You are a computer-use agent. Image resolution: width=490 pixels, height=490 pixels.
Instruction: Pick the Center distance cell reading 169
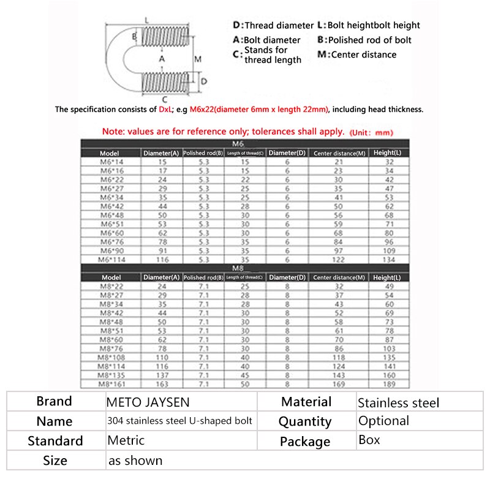339,384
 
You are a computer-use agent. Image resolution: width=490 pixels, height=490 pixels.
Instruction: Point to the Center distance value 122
339,259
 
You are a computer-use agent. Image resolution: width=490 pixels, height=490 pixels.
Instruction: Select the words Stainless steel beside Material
399,402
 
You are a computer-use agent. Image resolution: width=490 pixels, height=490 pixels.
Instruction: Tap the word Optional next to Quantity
383,421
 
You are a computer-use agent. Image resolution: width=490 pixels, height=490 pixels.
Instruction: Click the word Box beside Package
369,440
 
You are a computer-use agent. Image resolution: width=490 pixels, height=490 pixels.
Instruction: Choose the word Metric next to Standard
126,440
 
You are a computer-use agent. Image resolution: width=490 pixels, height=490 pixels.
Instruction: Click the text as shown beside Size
135,460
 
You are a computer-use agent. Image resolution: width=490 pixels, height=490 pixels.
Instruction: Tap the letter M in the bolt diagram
198,59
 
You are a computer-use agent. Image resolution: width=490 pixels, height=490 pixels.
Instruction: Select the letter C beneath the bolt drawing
165,98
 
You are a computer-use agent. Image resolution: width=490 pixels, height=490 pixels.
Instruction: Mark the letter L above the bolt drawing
147,20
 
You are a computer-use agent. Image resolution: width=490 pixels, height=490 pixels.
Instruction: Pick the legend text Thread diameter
279,26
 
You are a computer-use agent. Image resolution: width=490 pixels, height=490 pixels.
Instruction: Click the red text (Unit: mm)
371,132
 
